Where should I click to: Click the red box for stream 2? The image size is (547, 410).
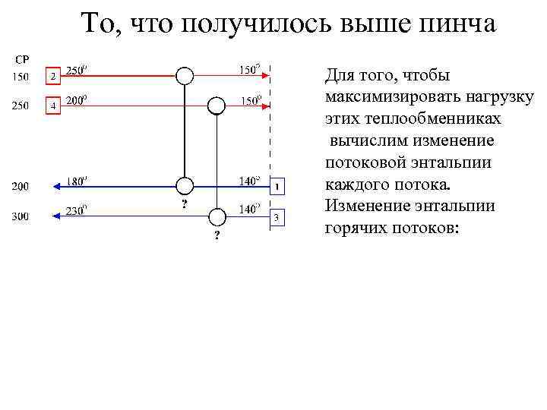pyautogui.click(x=52, y=77)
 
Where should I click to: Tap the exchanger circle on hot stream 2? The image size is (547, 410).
pyautogui.click(x=185, y=75)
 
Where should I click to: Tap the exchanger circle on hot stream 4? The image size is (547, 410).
pyautogui.click(x=217, y=105)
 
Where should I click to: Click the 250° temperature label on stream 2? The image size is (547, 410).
pyautogui.click(x=77, y=71)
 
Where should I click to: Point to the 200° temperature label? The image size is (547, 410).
pyautogui.click(x=77, y=99)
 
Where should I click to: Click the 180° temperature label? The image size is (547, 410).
pyautogui.click(x=77, y=180)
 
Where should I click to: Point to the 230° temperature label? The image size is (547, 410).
pyautogui.click(x=77, y=211)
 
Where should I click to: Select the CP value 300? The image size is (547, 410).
pyautogui.click(x=20, y=217)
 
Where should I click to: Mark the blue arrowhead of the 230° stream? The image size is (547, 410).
pyautogui.click(x=55, y=217)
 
